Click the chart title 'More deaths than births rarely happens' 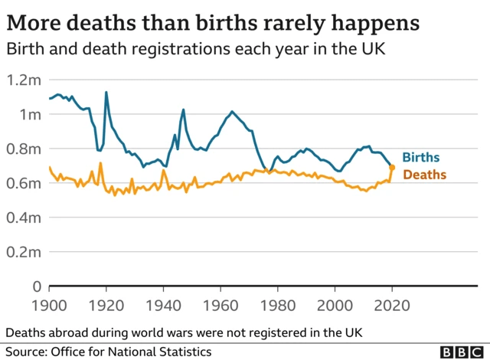[x=213, y=22]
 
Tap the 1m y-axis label [x=30, y=114]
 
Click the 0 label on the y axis [x=35, y=286]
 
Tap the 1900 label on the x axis [x=50, y=304]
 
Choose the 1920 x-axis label [x=106, y=304]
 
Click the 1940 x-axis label [x=164, y=304]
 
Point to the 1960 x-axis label [x=220, y=304]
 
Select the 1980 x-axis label [x=278, y=304]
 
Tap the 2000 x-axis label [x=335, y=304]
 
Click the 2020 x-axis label [x=392, y=304]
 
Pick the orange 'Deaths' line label [x=423, y=175]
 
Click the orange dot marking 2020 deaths [x=392, y=167]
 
